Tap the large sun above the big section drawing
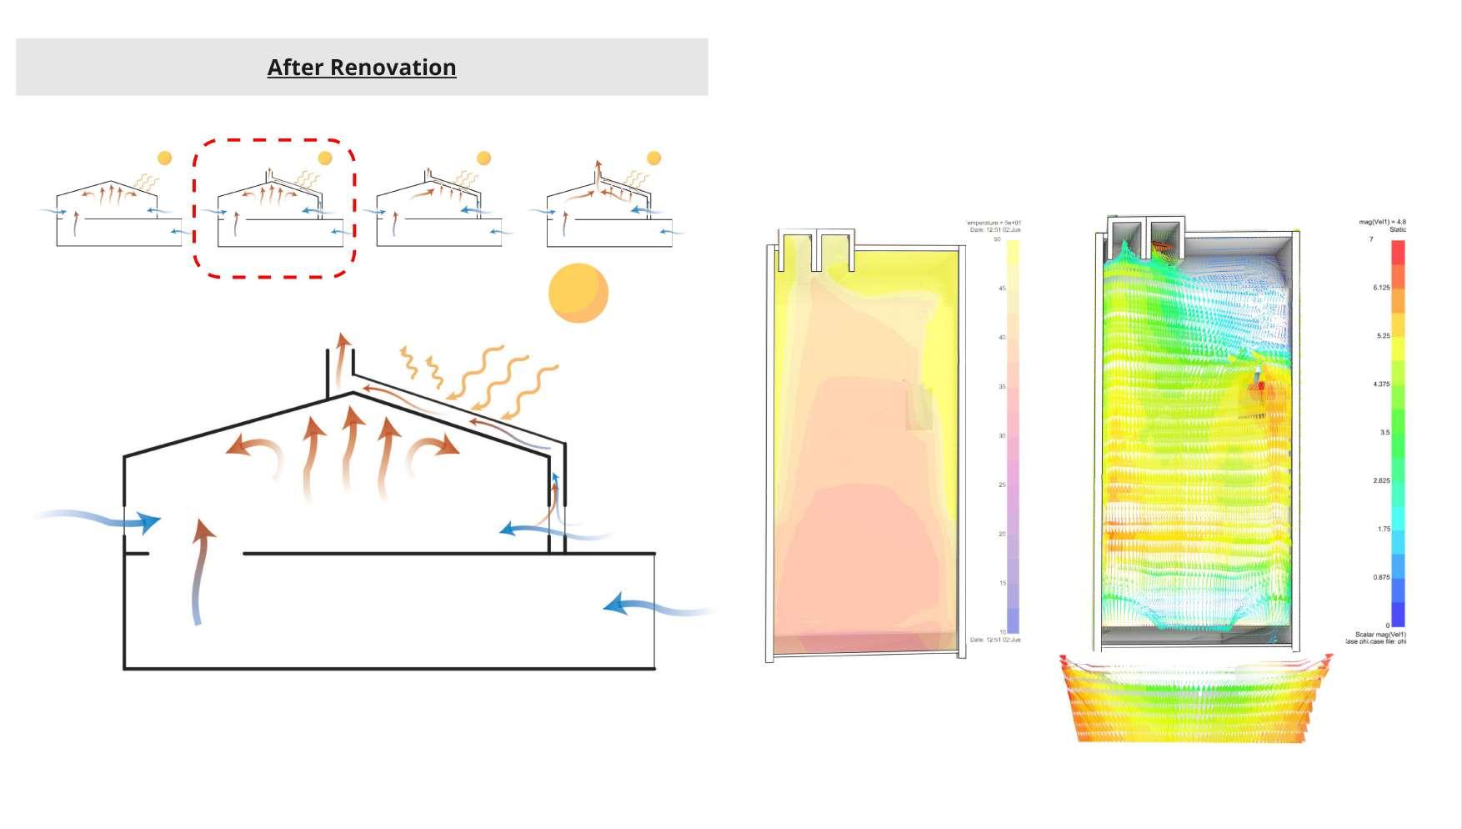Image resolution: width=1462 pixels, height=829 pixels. [x=578, y=293]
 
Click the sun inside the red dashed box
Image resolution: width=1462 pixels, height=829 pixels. [x=325, y=158]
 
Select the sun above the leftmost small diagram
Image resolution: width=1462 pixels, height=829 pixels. [x=165, y=158]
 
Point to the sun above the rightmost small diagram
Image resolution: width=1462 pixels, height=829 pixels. [x=654, y=158]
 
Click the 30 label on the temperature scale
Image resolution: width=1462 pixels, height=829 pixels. [x=1002, y=435]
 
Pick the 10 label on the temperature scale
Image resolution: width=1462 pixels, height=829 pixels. [x=1003, y=631]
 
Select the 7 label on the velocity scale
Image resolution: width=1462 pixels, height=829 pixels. [x=1371, y=240]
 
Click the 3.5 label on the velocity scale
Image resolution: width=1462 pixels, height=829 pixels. [x=1384, y=433]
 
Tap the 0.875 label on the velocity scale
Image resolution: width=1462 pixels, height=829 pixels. [x=1381, y=577]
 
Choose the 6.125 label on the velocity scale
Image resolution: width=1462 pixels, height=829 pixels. [x=1381, y=288]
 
